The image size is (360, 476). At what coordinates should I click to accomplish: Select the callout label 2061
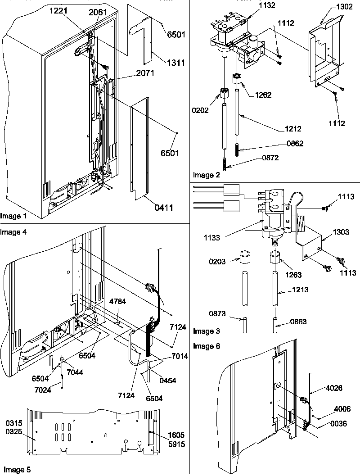98,13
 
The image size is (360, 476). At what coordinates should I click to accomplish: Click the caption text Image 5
16,469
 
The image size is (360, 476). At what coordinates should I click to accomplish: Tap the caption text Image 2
207,175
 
